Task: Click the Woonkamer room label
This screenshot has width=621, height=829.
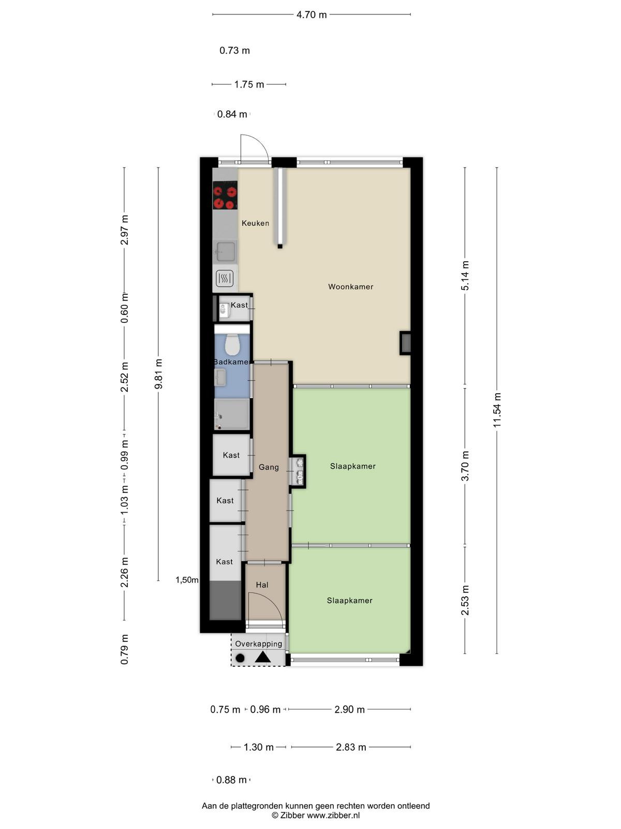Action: [x=350, y=287]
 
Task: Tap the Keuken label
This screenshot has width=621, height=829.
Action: [x=255, y=223]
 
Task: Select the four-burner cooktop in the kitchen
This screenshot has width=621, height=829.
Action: [x=225, y=195]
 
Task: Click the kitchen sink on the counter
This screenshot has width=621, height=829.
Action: [x=226, y=251]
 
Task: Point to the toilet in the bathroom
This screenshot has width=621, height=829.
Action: [x=232, y=344]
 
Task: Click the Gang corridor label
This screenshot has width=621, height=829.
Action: [x=269, y=467]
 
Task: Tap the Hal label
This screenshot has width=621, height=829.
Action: [x=262, y=585]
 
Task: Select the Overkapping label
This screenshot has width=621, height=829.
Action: [x=258, y=644]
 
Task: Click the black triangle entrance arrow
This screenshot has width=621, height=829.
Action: [x=263, y=658]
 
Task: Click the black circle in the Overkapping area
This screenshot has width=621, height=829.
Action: [x=240, y=659]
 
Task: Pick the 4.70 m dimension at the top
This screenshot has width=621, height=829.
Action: [x=312, y=15]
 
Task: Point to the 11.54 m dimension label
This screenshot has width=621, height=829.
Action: [x=497, y=410]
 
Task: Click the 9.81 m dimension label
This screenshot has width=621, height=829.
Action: [x=158, y=374]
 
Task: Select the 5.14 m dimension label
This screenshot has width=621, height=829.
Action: [x=465, y=276]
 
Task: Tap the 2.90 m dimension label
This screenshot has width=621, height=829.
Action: [x=349, y=710]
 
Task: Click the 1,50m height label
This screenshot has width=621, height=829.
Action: [x=187, y=580]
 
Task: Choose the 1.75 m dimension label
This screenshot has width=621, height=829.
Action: [x=249, y=84]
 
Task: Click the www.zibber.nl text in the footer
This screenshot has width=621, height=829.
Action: [x=333, y=816]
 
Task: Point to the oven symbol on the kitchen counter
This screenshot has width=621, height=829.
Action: [x=225, y=279]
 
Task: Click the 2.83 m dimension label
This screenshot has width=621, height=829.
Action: [x=351, y=748]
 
